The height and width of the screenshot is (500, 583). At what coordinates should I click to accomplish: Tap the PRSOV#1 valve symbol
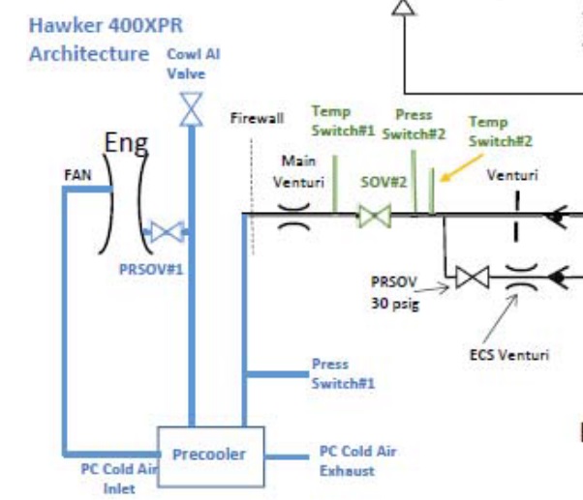[167, 231]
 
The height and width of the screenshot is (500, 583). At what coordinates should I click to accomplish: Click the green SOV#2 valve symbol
[373, 215]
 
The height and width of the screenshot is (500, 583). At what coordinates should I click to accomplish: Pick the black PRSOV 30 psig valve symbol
[473, 278]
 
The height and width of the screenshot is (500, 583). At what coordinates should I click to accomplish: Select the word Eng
[126, 144]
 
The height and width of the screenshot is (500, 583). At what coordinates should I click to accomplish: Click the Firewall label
[257, 119]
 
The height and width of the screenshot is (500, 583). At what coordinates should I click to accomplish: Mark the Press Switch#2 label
[413, 124]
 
